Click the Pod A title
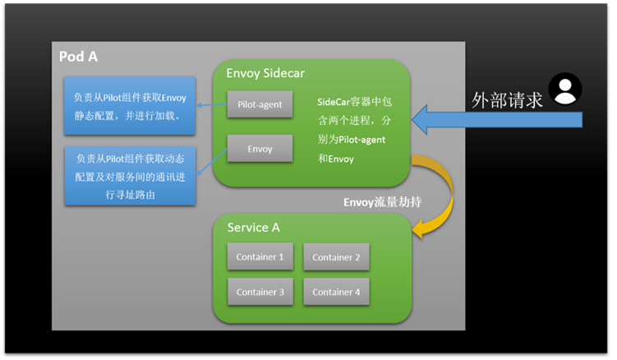click(x=78, y=57)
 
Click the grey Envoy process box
click(x=260, y=149)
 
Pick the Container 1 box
click(x=260, y=257)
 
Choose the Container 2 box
click(x=336, y=257)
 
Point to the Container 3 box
click(x=260, y=292)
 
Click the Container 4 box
click(x=336, y=292)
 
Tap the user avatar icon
click(x=565, y=89)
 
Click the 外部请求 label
click(x=508, y=99)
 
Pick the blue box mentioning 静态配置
click(x=130, y=107)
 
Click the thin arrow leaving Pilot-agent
click(x=211, y=104)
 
